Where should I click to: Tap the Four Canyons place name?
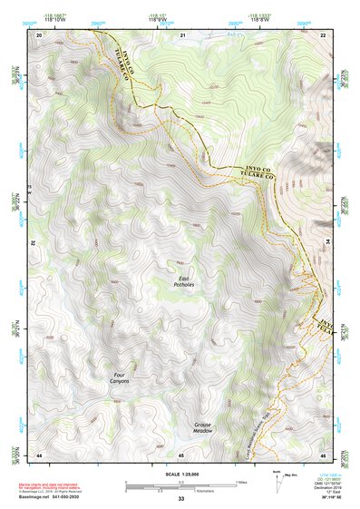click(x=120, y=377)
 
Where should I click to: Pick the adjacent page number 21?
click(x=181, y=34)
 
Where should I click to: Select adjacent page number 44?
click(x=39, y=454)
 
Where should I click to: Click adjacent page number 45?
click(x=181, y=454)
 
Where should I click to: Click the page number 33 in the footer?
click(x=180, y=499)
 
